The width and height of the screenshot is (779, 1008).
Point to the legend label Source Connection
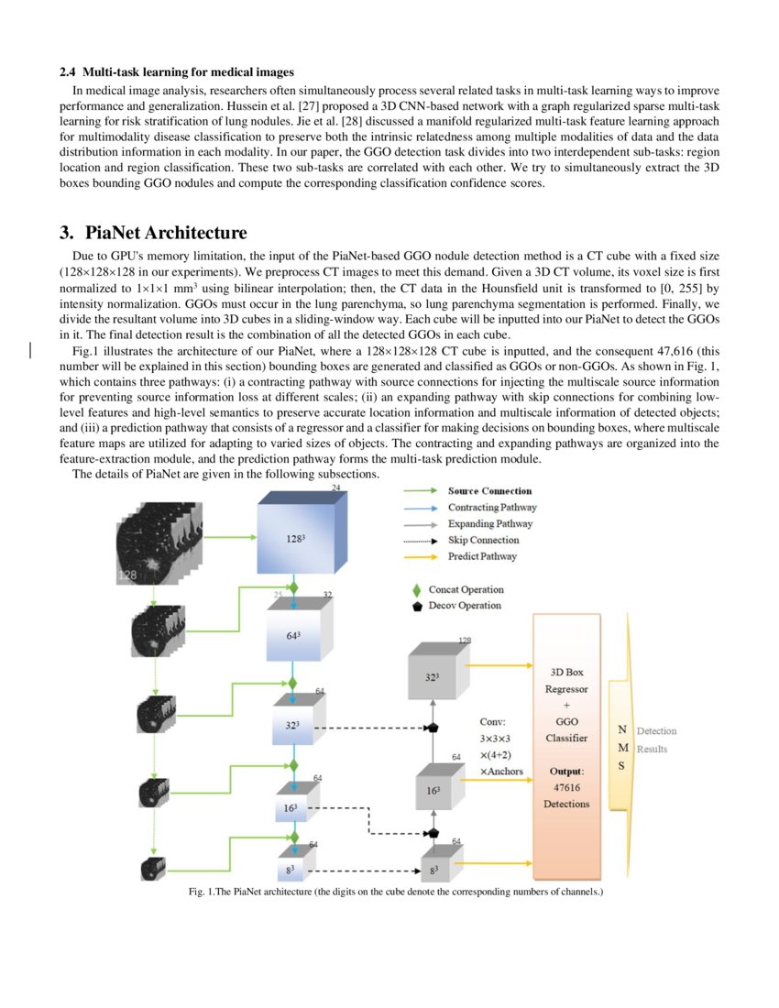(x=489, y=491)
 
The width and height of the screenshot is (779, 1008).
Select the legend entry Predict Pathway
(x=482, y=556)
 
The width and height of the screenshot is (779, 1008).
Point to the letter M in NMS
(x=622, y=748)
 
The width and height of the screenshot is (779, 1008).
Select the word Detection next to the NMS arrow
(x=656, y=730)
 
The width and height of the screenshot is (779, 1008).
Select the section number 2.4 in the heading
(x=68, y=71)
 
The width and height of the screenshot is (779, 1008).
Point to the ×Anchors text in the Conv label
(x=501, y=771)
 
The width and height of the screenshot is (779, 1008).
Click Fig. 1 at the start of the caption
(x=201, y=892)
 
